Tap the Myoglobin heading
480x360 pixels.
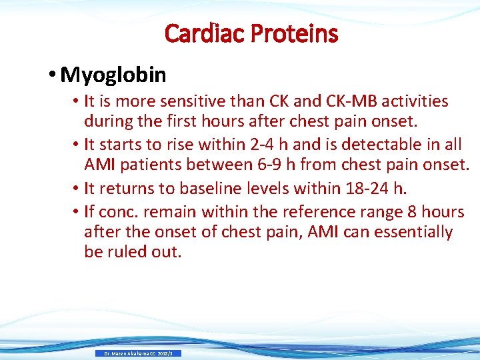click(113, 75)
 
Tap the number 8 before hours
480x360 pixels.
click(419, 212)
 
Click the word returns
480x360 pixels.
click(129, 188)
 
